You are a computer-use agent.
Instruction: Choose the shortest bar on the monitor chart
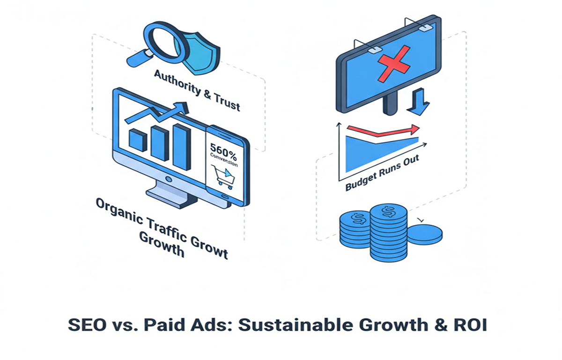(x=138, y=140)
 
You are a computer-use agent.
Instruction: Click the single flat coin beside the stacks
(x=424, y=233)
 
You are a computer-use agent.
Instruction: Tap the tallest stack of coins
(x=388, y=231)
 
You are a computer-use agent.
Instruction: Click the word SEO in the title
(x=87, y=325)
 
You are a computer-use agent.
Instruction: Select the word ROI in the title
(x=470, y=325)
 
